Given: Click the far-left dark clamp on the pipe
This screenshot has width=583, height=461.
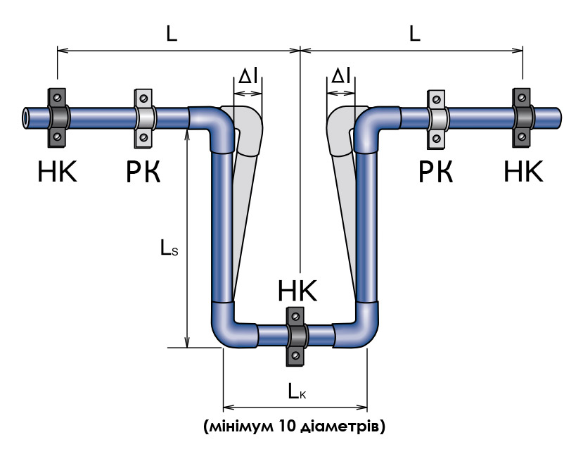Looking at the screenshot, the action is [x=57, y=118].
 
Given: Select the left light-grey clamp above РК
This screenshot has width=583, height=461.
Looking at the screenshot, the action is [x=144, y=118].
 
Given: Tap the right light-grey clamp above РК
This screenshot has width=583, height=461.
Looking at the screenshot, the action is [x=437, y=119].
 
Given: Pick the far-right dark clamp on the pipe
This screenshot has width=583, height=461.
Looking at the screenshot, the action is [x=522, y=118].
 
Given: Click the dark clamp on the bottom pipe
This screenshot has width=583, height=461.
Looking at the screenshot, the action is [x=296, y=336].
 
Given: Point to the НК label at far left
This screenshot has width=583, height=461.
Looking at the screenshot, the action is [x=57, y=172].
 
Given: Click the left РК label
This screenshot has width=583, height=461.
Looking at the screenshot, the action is [x=143, y=172].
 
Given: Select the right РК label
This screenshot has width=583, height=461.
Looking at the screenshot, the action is [x=436, y=172].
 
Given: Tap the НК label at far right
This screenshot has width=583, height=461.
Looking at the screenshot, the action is [x=523, y=171].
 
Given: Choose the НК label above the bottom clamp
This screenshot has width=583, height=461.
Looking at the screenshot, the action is [x=297, y=291].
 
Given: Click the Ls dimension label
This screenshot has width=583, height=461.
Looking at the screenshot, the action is [x=169, y=248].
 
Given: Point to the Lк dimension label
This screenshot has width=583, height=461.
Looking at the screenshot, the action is [x=297, y=391].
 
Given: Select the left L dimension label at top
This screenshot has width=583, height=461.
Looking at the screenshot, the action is [x=172, y=34].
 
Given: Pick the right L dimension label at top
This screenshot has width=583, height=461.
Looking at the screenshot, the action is [x=414, y=34].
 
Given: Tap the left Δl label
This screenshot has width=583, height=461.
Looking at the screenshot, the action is [x=248, y=76].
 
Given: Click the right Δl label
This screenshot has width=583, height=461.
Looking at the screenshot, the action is [x=340, y=76].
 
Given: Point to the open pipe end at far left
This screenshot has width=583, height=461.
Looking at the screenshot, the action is [x=26, y=118].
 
